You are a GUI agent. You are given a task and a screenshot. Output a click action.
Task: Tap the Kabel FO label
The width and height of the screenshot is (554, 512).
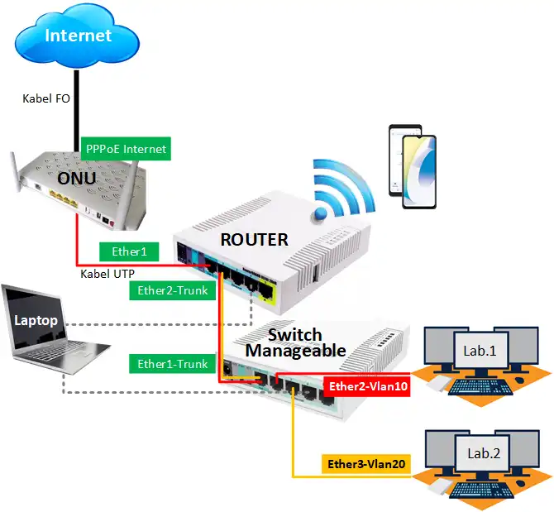point(45,98)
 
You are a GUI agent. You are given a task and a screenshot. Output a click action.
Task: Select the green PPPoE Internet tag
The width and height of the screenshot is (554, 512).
point(126,150)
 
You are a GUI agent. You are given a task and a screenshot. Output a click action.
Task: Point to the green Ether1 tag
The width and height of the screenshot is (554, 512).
point(129,251)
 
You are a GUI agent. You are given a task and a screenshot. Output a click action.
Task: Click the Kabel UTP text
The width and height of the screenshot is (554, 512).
point(108,273)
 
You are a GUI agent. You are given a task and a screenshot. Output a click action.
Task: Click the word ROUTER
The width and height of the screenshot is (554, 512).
point(254,240)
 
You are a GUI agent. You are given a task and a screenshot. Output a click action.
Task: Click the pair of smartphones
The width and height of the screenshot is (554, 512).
point(411,167)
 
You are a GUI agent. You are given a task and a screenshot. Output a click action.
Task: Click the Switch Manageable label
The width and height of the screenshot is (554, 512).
point(294,342)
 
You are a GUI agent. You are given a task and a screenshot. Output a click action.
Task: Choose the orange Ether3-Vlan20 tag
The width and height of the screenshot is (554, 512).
point(365,465)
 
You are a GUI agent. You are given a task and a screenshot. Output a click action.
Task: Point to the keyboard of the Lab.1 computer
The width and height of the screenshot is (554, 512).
point(477,386)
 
